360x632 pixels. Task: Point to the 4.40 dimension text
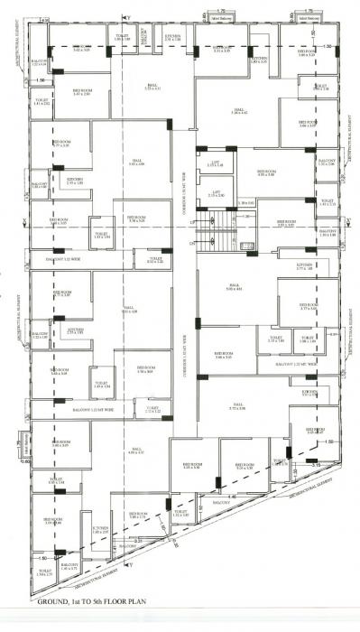coord(233,496)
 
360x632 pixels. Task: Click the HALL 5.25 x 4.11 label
coord(152,87)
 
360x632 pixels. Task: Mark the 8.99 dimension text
coord(333,336)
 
